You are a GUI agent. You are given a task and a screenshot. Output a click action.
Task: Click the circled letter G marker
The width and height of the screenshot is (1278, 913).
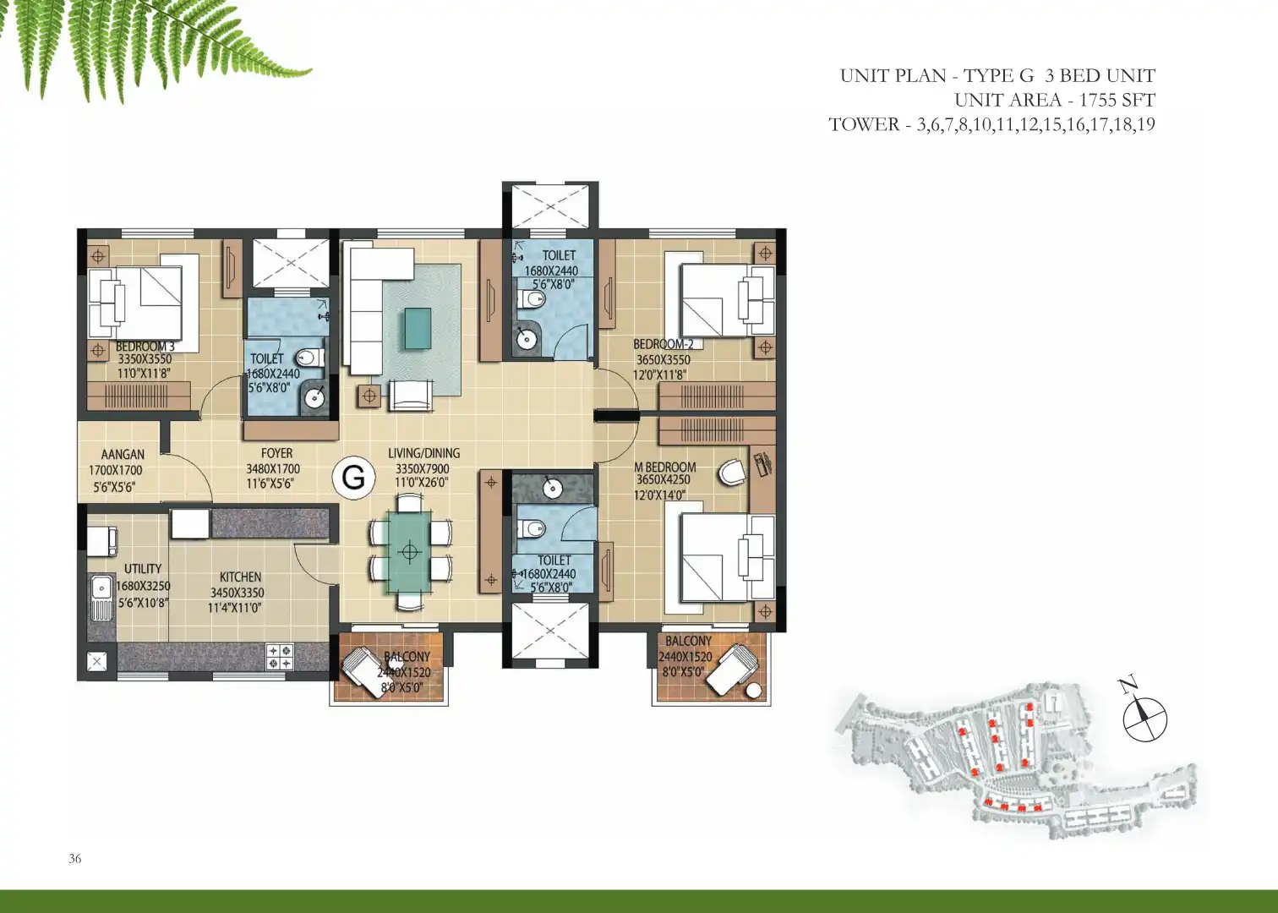[x=353, y=478]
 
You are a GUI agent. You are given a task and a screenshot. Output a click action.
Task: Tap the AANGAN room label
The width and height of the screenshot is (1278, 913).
[x=123, y=455]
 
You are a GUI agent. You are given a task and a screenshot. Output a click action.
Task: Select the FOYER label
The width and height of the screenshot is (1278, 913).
[x=276, y=453]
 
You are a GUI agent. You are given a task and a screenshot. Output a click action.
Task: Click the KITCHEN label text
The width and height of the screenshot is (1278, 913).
[x=240, y=577]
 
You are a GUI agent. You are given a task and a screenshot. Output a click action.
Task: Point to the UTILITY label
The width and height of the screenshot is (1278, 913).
[x=143, y=569]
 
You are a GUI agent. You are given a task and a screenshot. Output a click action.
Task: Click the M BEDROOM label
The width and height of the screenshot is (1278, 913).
[x=665, y=467]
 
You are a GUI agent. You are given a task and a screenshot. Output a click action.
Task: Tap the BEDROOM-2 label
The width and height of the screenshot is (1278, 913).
[x=663, y=344]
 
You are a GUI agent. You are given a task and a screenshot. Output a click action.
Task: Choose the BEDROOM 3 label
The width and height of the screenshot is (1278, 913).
[x=145, y=347]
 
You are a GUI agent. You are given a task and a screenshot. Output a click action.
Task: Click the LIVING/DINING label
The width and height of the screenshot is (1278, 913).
[x=424, y=453]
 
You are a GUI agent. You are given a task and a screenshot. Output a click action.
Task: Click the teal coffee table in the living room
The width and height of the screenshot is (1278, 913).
[x=418, y=328]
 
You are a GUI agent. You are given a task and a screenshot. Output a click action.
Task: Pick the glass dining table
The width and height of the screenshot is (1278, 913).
[x=410, y=552]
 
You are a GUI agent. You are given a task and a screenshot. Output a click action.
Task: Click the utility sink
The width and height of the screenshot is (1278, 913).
[x=101, y=598]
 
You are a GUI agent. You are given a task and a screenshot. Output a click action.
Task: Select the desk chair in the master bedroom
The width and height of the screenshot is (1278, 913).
[x=732, y=472]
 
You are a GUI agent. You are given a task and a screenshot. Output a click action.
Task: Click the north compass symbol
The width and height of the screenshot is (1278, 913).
[x=1144, y=719]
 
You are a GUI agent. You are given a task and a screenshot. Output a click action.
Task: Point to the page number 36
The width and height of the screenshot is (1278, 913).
[x=74, y=859]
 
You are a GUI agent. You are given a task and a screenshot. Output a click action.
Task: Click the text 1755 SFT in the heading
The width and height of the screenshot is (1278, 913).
[x=1117, y=100]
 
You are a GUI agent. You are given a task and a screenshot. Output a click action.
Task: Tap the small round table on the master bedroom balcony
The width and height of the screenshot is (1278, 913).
[x=754, y=691]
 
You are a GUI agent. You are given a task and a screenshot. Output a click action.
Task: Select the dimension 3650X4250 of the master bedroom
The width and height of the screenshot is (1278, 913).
[x=663, y=480]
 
